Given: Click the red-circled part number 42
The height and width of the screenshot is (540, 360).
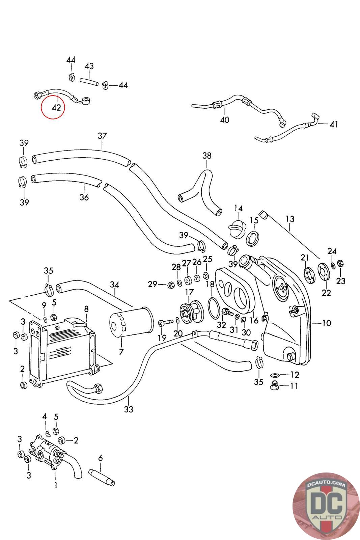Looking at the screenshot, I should click(x=56, y=108).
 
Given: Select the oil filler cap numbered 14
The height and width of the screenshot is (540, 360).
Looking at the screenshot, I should click(x=237, y=230).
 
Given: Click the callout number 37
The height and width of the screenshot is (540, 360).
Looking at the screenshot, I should click(x=102, y=136).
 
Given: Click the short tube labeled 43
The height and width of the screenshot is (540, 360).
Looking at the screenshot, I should click(x=89, y=82).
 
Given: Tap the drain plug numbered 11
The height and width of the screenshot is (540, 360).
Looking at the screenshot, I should click(x=275, y=385).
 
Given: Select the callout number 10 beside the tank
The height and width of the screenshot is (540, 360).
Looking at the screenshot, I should click(x=326, y=323).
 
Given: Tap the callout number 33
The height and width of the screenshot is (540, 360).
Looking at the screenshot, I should click(x=129, y=409).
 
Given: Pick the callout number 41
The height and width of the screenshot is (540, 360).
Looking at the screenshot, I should click(x=334, y=124).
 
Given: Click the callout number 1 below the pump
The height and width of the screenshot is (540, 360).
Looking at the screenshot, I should click(x=56, y=485).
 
